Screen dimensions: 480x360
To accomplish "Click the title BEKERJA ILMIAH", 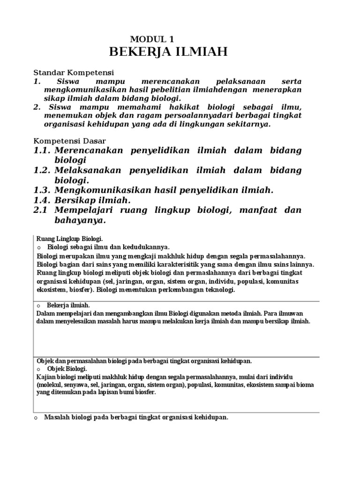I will (168, 52).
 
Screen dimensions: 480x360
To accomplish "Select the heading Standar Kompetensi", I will (74, 73).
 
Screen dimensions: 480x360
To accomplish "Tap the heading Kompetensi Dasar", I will (70, 141).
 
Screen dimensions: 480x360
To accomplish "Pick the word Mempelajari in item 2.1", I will (87, 210).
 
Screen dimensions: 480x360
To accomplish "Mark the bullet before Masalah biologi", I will (36, 418).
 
